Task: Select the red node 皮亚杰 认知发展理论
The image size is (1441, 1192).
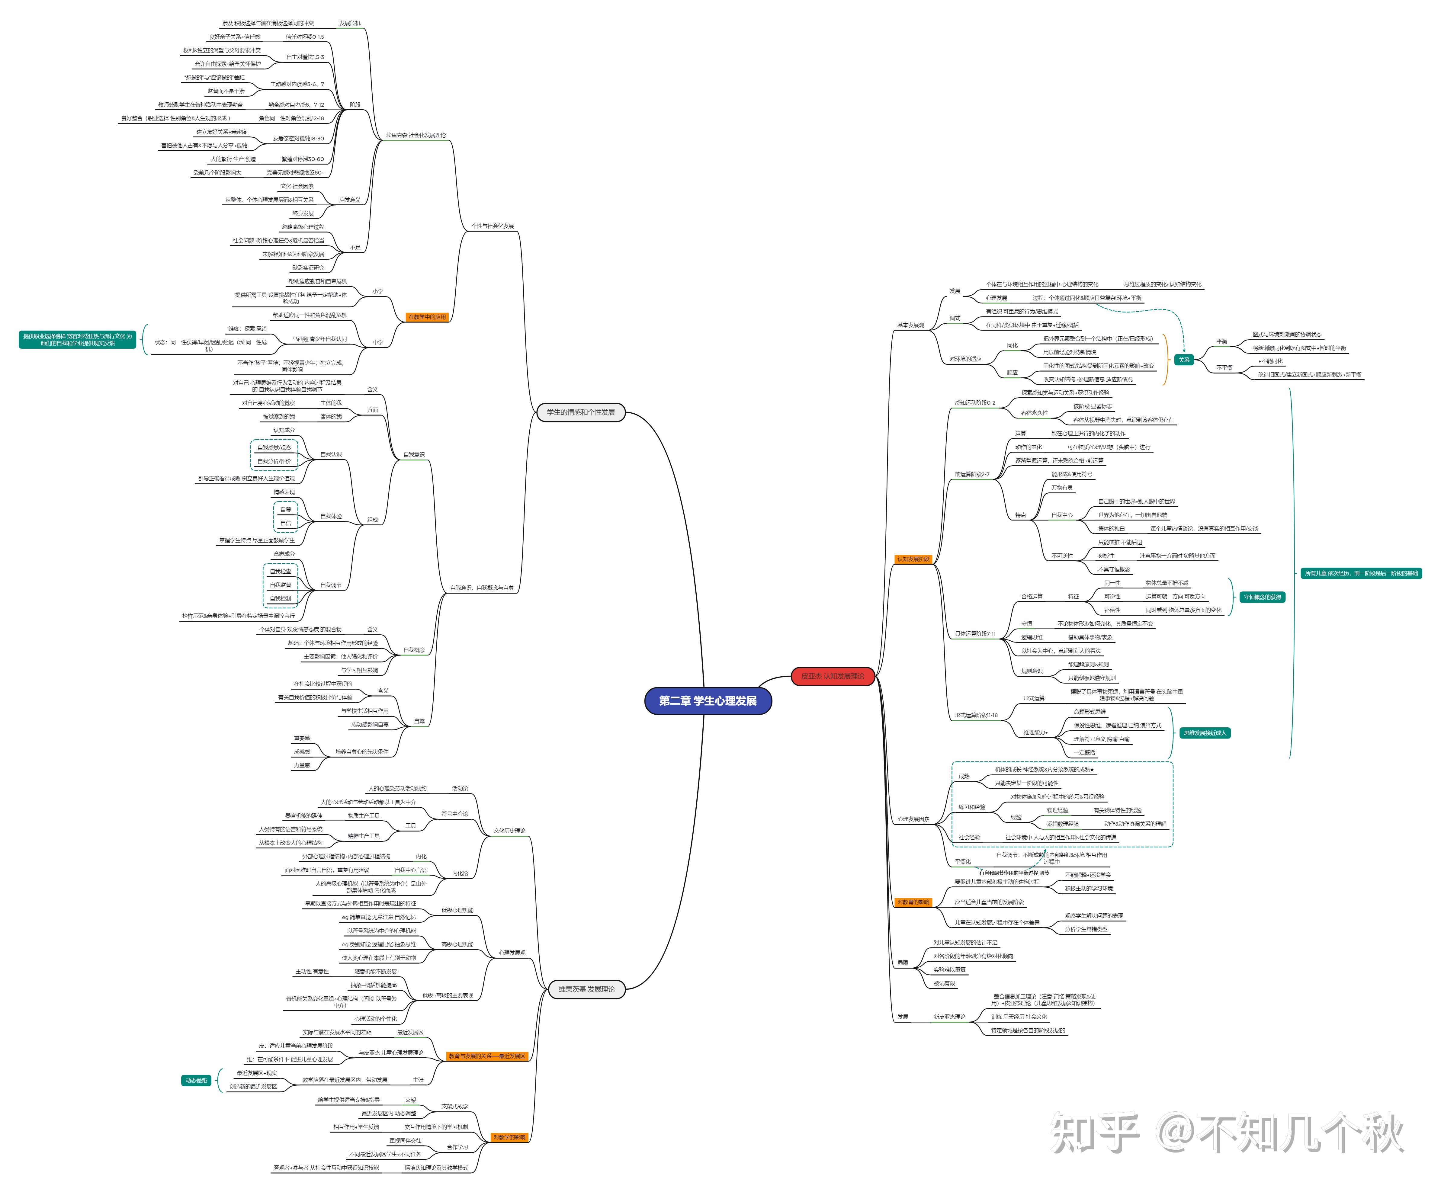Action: pos(832,676)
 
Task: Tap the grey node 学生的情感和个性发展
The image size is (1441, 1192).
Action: pos(580,412)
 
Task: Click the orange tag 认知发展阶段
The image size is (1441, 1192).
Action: pos(913,559)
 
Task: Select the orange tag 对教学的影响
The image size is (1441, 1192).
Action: pos(509,1137)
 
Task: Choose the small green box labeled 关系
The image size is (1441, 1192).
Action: pos(1184,360)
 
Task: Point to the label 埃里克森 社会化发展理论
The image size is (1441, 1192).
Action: pos(415,135)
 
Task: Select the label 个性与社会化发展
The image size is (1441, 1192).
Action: pos(492,226)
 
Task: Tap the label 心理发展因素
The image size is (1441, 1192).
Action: pos(913,819)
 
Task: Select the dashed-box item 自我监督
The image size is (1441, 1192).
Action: pos(280,585)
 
